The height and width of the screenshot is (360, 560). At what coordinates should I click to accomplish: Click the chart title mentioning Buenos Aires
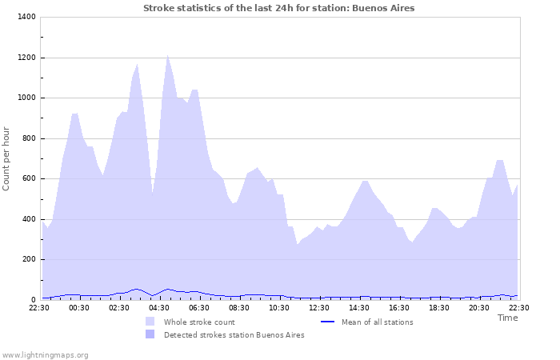tap(279, 8)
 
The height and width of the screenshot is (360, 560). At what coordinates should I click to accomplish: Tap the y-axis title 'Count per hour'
tap(7, 158)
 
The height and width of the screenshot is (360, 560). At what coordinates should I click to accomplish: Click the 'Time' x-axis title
tap(507, 318)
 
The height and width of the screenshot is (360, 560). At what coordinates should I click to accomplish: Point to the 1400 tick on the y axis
tap(26, 17)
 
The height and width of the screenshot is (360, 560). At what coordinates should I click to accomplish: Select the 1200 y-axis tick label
tap(26, 58)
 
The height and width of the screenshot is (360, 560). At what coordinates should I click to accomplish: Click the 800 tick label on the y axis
tap(28, 138)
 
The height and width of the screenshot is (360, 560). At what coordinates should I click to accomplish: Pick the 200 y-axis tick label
tap(28, 259)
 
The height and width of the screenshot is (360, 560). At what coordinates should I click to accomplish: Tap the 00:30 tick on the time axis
tap(79, 307)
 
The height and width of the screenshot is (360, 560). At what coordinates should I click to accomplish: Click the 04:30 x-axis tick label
tap(159, 307)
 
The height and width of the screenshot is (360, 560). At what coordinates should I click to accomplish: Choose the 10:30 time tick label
tap(279, 307)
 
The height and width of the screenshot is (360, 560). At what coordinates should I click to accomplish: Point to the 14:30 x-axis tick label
tap(359, 307)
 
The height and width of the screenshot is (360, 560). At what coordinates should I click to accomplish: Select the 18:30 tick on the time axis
tap(439, 307)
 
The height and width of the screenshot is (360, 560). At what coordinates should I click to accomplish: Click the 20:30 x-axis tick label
tap(479, 307)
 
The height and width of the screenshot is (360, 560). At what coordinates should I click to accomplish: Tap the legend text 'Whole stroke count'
tap(199, 322)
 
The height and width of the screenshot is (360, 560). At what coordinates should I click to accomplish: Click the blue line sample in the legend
tap(326, 322)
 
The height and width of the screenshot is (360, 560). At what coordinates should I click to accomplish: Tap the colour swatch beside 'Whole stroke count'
tap(150, 322)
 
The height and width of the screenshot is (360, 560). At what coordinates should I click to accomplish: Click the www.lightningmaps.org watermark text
tap(45, 354)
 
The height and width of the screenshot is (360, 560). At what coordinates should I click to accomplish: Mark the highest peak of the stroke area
tap(167, 55)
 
